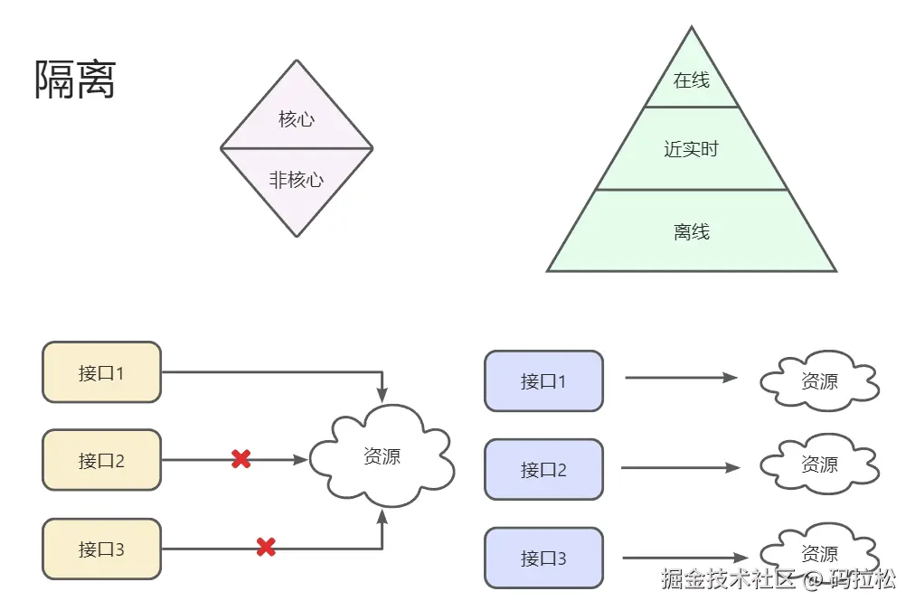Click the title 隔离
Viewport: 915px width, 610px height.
(75, 80)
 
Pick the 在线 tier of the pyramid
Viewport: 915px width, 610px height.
(692, 80)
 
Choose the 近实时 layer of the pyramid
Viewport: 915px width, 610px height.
(692, 149)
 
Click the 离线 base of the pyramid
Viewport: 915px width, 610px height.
(692, 231)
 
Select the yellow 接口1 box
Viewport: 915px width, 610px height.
(101, 371)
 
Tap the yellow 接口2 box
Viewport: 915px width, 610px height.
(101, 460)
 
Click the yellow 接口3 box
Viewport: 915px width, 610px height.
(101, 549)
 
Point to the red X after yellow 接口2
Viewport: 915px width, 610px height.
(241, 459)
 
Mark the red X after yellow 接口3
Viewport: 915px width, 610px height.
(266, 547)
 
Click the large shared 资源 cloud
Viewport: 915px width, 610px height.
(382, 455)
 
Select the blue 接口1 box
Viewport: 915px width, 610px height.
(543, 380)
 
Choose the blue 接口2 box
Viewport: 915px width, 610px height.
(543, 469)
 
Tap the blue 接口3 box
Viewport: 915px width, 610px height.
(543, 558)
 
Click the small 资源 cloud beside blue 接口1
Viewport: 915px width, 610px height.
(819, 381)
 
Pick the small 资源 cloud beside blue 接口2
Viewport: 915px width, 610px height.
(819, 465)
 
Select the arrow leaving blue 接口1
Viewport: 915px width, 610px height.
(681, 378)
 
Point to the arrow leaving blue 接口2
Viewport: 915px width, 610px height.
(681, 467)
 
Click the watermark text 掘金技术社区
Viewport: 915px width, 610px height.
(727, 579)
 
